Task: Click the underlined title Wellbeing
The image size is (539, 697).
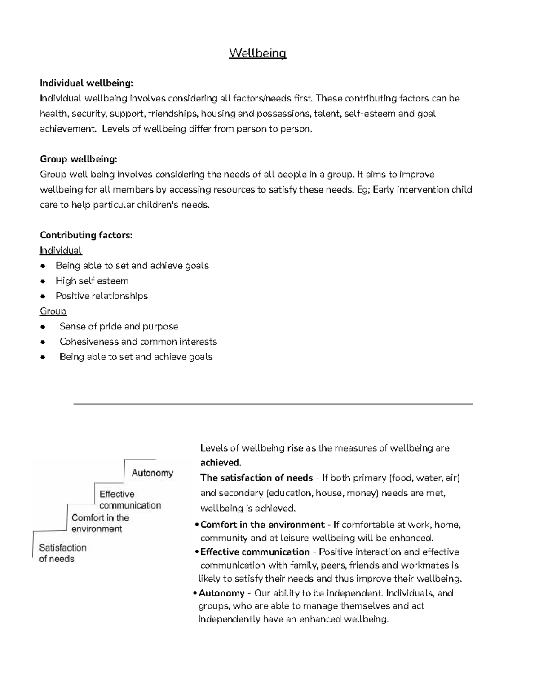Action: pyautogui.click(x=257, y=53)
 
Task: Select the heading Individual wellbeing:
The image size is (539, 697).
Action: pyautogui.click(x=86, y=83)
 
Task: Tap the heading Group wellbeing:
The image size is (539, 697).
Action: pyautogui.click(x=79, y=159)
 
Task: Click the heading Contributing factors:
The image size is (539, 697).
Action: pyautogui.click(x=86, y=235)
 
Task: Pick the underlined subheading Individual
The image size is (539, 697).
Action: pyautogui.click(x=61, y=250)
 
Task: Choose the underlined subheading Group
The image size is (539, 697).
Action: pyautogui.click(x=53, y=311)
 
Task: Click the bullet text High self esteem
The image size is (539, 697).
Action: pyautogui.click(x=92, y=281)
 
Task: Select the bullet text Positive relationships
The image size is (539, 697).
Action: pyautogui.click(x=102, y=296)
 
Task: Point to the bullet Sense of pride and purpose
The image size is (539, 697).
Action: pyautogui.click(x=119, y=327)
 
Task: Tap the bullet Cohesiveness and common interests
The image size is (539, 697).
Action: pyautogui.click(x=138, y=342)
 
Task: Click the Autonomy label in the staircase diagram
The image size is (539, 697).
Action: pyautogui.click(x=152, y=473)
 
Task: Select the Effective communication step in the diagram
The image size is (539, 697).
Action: pyautogui.click(x=130, y=500)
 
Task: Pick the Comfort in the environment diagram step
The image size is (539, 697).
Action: pyautogui.click(x=100, y=523)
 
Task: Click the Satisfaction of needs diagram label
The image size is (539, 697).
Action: pyautogui.click(x=62, y=553)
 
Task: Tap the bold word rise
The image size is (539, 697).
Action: pyautogui.click(x=295, y=448)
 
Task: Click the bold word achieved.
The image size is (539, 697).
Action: pyautogui.click(x=221, y=463)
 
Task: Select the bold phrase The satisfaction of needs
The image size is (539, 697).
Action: pyautogui.click(x=256, y=478)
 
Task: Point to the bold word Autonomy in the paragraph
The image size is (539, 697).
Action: pyautogui.click(x=221, y=593)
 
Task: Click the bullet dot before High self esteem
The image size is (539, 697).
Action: pyautogui.click(x=43, y=281)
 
